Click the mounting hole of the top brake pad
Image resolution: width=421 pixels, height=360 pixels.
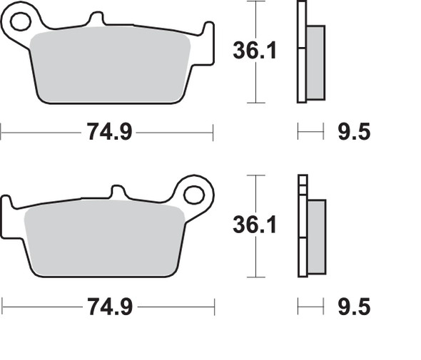pos(21,22)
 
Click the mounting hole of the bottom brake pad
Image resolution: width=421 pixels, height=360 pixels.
pos(193,194)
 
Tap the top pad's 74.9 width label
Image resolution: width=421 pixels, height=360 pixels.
pos(109,132)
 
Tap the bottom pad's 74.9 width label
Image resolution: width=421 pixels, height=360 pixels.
pos(109,307)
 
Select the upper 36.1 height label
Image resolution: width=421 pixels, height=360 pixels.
pos(255,51)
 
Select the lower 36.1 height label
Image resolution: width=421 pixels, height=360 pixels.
pos(255,225)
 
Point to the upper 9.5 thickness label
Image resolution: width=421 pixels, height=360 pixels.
pos(353,132)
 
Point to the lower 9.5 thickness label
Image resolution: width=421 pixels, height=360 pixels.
pos(353,307)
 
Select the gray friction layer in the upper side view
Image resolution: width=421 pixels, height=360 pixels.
pos(316,62)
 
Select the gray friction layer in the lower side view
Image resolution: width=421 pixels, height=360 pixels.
pos(316,235)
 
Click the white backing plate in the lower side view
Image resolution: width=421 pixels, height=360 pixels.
pos(303,228)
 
